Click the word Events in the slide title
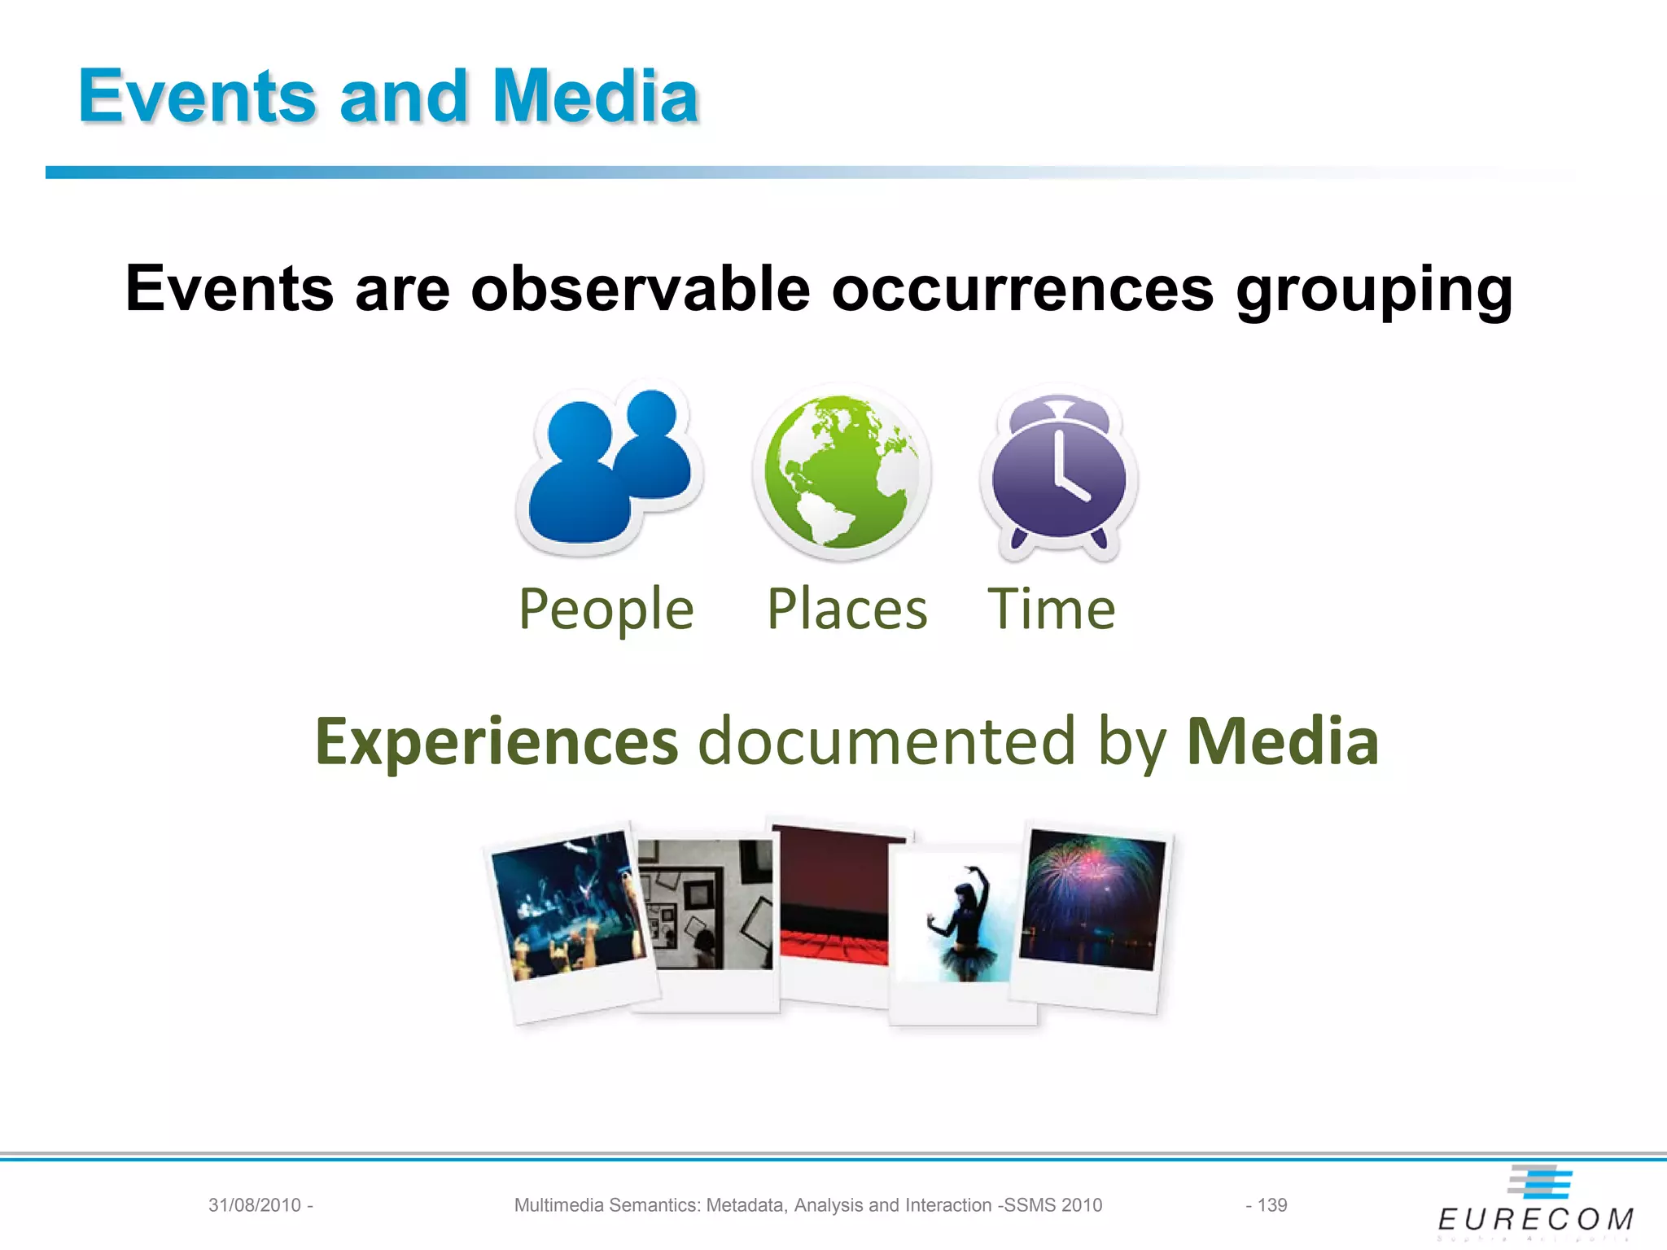[x=196, y=97]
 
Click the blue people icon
[x=609, y=468]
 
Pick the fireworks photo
[x=1093, y=899]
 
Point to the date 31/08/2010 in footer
[x=255, y=1205]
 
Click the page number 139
[x=1271, y=1205]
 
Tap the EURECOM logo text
[x=1535, y=1219]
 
